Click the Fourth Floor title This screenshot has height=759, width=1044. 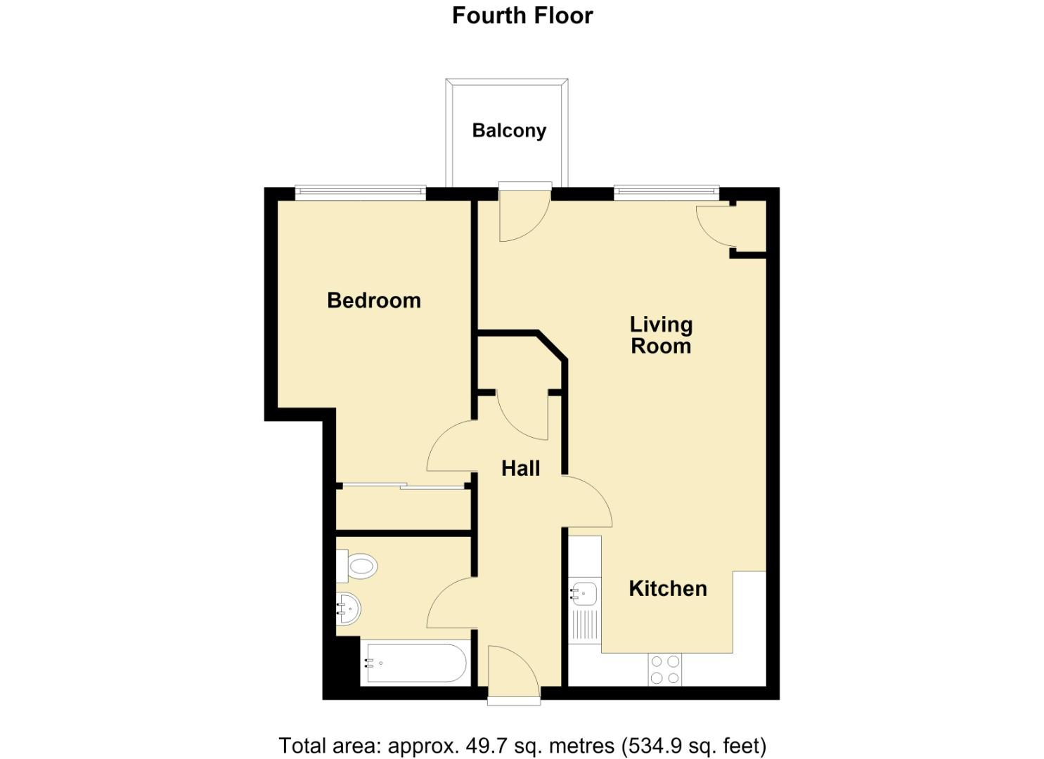click(522, 16)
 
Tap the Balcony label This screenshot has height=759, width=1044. click(509, 131)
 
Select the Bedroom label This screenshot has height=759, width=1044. click(374, 301)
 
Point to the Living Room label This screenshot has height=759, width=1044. click(661, 335)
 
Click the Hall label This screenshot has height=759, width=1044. click(521, 468)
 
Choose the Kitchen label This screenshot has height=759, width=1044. click(668, 588)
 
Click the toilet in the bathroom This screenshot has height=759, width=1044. click(357, 566)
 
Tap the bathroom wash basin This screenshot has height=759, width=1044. click(348, 609)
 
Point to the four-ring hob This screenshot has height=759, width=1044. click(664, 669)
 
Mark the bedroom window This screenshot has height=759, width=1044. click(361, 193)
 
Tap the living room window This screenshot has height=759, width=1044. click(666, 193)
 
